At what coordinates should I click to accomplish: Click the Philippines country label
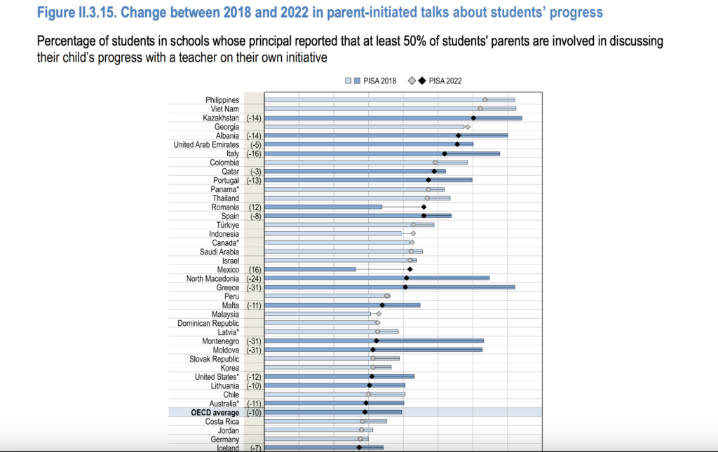pos(222,100)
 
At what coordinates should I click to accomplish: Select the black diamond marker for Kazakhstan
pos(474,118)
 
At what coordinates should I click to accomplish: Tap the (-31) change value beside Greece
pos(254,288)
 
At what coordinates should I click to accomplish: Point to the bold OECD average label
pos(215,413)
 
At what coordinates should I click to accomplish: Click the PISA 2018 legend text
pos(379,81)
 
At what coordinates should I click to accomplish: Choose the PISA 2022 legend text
pos(445,81)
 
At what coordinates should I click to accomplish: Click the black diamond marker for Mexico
pos(410,269)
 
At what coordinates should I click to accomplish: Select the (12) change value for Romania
pos(254,207)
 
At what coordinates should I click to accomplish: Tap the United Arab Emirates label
pos(206,144)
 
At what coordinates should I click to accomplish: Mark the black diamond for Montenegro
pos(377,341)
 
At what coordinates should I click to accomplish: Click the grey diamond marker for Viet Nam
pos(480,109)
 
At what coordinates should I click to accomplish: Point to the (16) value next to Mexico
pos(254,270)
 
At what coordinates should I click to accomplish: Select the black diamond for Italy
pos(445,153)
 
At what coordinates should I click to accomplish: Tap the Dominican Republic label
pos(208,323)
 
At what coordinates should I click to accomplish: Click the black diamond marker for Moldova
pos(373,349)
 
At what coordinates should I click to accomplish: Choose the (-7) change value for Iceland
pos(256,448)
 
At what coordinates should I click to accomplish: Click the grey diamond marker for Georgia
pos(468,127)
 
